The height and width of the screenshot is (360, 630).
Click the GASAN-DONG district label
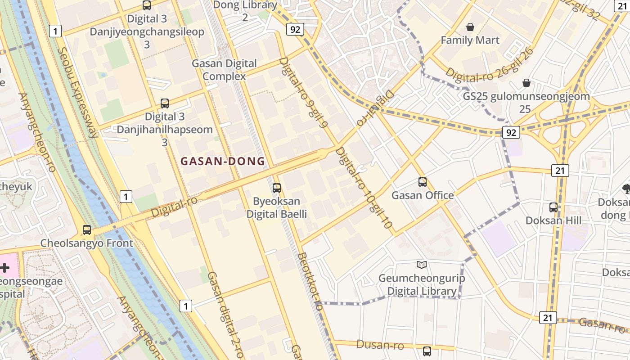(222, 161)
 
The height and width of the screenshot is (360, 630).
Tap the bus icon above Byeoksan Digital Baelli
(277, 188)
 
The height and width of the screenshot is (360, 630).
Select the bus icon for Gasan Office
(422, 182)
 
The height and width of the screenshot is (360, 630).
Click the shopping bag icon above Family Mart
(470, 27)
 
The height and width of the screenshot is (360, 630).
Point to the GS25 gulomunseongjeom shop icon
(526, 83)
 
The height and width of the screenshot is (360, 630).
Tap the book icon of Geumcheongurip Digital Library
(421, 265)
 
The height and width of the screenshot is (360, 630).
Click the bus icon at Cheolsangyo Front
(87, 229)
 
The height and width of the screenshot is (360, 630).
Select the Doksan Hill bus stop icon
(553, 207)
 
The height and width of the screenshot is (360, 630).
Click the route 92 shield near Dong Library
(295, 30)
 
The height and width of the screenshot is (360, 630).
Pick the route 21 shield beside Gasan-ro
(548, 317)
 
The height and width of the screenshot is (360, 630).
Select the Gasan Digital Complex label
(224, 69)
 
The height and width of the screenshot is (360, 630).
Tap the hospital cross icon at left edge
(4, 268)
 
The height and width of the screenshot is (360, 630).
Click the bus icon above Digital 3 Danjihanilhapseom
(165, 103)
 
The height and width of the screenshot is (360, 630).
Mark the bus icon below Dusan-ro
(427, 351)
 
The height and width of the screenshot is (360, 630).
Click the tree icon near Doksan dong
(626, 188)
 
